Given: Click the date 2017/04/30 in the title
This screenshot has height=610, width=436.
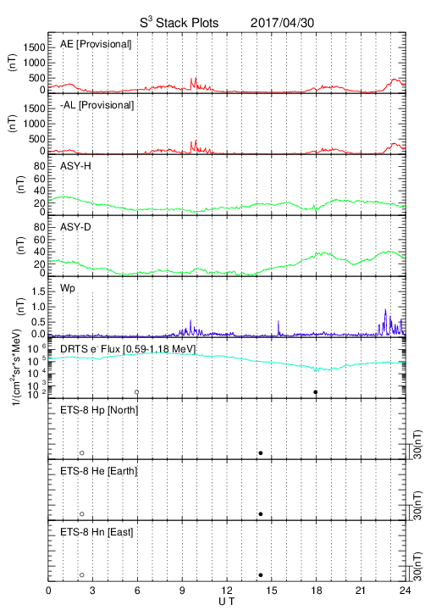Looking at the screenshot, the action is [x=282, y=23].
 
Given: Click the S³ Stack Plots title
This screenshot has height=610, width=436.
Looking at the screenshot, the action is [x=179, y=23].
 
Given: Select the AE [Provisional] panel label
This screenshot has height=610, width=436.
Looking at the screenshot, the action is [x=96, y=44].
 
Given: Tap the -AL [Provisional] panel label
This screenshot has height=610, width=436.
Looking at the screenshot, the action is [x=97, y=105].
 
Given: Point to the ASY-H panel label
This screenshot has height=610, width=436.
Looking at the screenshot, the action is [x=75, y=166].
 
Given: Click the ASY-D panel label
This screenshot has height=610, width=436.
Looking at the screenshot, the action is [x=75, y=227].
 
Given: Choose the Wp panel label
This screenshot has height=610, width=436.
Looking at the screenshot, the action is [x=68, y=289].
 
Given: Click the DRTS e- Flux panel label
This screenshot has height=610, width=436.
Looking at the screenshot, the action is [x=128, y=349].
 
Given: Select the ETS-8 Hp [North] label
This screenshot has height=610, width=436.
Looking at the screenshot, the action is [x=99, y=410].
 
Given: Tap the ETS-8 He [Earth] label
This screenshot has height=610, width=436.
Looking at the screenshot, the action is [x=99, y=471].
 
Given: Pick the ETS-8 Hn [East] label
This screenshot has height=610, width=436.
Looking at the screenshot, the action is [x=97, y=532].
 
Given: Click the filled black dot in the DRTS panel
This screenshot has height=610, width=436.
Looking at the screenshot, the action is [x=316, y=392].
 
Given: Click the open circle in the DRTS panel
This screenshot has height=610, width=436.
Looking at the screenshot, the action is [x=137, y=392].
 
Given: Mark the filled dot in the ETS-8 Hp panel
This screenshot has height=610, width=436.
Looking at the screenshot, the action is [x=261, y=453].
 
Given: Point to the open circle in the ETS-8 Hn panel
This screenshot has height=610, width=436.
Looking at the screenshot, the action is [x=82, y=575].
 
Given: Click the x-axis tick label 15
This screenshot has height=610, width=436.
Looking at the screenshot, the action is [x=272, y=591].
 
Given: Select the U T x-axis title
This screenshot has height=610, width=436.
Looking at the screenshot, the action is [x=227, y=602].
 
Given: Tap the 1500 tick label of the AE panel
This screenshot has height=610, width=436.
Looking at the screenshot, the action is [x=34, y=47].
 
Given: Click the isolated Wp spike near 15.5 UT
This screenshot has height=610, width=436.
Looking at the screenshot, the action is [x=279, y=328].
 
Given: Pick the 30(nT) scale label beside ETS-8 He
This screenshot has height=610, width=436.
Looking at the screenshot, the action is [x=417, y=506].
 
